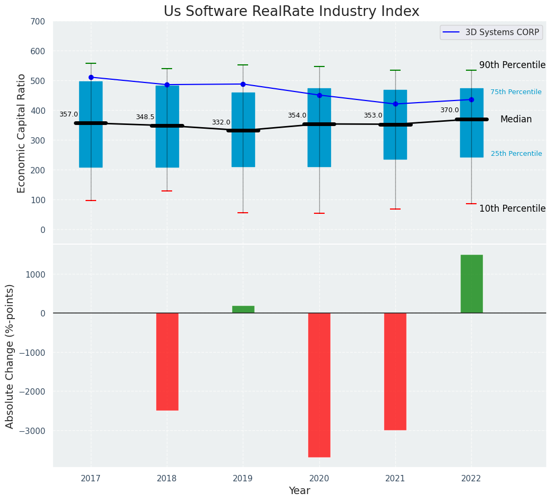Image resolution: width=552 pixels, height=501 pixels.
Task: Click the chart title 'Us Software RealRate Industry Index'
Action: pos(291,12)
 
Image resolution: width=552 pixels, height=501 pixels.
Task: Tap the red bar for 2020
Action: pos(319,385)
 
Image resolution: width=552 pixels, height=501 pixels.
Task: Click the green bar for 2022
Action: pos(471,283)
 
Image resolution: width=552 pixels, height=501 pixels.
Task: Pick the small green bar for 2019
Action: pos(243,309)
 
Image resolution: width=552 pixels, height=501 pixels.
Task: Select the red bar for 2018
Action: pos(167,361)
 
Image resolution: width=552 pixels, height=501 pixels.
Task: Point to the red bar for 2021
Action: pos(395,371)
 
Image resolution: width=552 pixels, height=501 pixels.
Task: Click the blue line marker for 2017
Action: pos(91,78)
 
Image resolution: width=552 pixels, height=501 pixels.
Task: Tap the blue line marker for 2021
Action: pos(395,104)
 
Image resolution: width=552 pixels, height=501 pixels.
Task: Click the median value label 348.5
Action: pos(145,117)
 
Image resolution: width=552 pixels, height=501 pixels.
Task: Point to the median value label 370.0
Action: pos(449,110)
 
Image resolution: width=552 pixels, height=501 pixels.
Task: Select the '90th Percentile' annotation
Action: pos(512,65)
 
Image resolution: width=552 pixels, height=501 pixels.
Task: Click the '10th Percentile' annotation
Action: pos(512,208)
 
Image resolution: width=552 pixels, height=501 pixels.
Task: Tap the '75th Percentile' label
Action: pos(516,92)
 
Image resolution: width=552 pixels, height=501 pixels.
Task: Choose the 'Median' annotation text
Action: pos(516,120)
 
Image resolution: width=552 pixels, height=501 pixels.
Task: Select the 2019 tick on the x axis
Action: pos(243,479)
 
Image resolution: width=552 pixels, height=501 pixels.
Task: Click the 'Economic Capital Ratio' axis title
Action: pos(22,133)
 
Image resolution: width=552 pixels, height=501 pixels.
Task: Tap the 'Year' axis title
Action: pos(300,491)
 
